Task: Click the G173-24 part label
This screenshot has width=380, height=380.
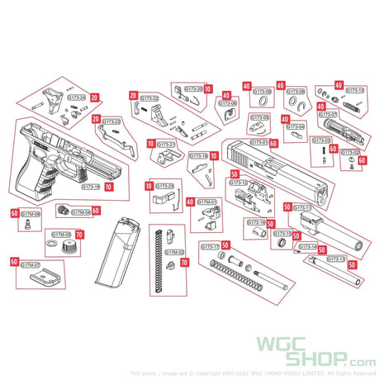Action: [77, 97]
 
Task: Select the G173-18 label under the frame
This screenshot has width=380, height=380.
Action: [92, 187]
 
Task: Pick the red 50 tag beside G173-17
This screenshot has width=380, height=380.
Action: [226, 246]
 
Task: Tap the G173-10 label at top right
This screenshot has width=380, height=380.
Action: [354, 90]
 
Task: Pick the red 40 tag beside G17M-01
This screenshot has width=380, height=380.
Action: [190, 202]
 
